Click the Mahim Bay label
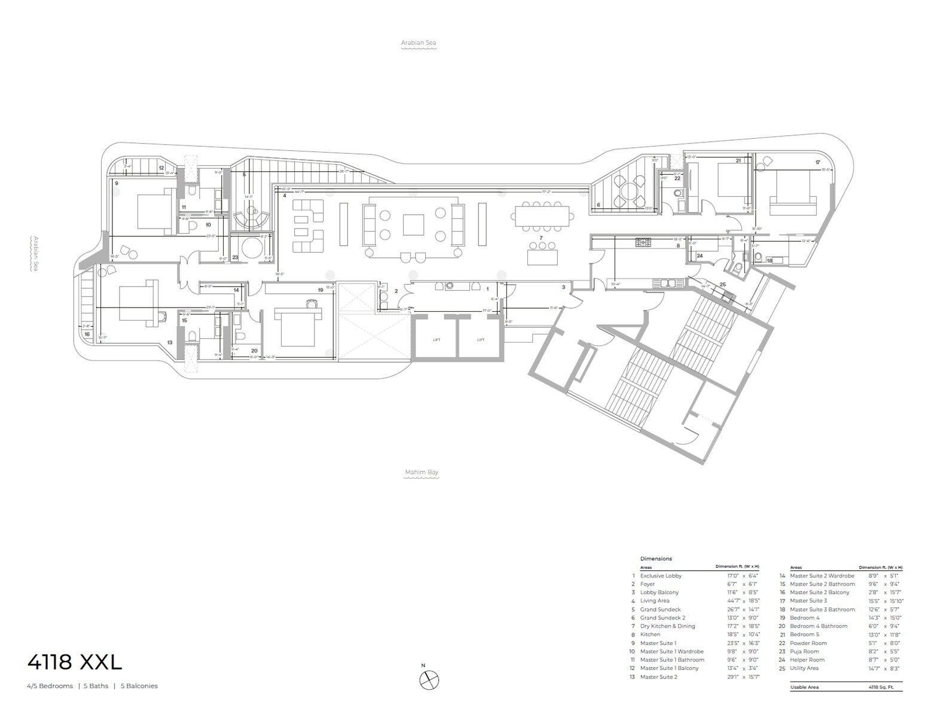coord(422,472)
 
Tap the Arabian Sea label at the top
coord(419,42)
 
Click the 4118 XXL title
coord(75,662)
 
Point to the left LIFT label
coord(436,340)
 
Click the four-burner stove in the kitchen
coord(643,242)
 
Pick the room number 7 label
coord(541,238)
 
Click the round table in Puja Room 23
coord(251,247)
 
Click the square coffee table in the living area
coord(413,224)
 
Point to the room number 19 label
coord(320,290)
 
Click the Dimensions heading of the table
coord(656,559)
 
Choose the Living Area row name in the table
coord(655,601)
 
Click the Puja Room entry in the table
coord(804,652)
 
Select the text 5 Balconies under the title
coord(139,686)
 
